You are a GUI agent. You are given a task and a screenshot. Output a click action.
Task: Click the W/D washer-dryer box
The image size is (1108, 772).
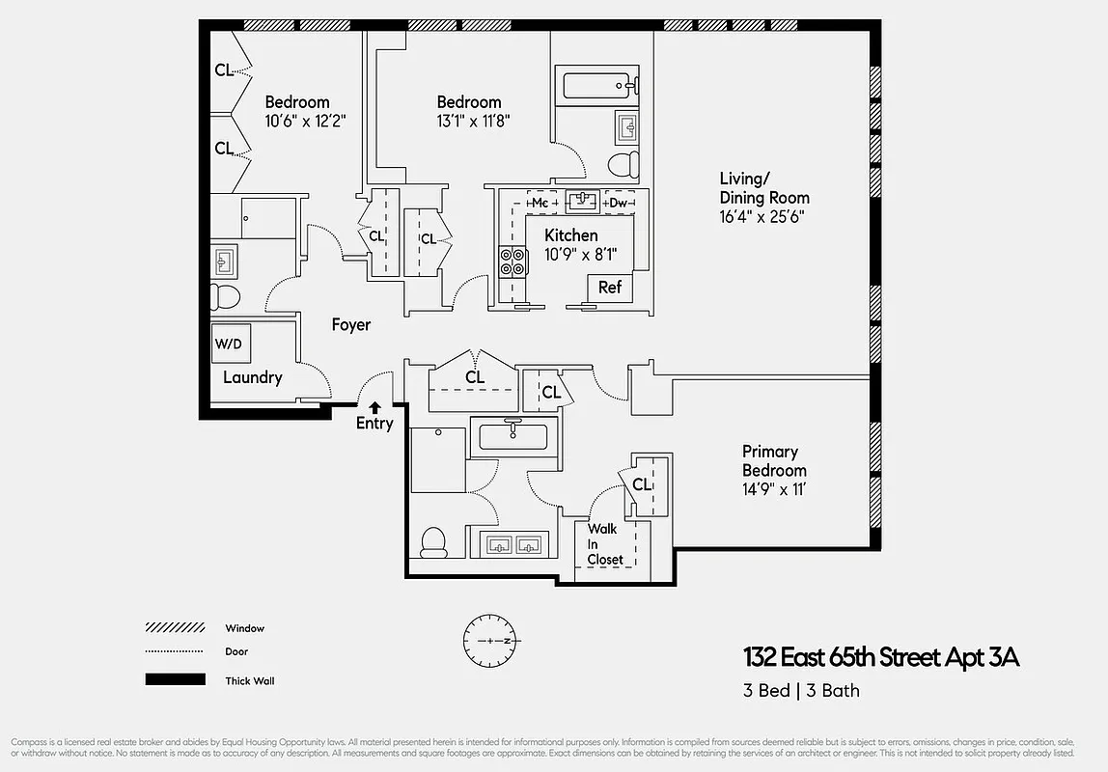point(229,344)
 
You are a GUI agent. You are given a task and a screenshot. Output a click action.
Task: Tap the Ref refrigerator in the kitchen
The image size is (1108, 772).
point(610,288)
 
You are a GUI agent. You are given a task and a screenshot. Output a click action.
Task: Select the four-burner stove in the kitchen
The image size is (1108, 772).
point(512,262)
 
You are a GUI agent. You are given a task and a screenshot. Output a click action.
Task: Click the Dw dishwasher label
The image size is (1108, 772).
point(618,203)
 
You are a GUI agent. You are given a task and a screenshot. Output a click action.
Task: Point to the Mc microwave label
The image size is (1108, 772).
point(540,203)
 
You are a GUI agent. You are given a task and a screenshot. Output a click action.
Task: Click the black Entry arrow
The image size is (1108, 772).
point(374,408)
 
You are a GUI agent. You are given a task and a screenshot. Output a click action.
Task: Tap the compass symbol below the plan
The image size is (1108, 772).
point(492,640)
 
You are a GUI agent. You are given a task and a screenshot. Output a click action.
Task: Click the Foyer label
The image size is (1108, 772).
point(351,325)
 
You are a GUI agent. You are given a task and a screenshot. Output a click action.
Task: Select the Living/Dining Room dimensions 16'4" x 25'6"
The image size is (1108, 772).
point(762,217)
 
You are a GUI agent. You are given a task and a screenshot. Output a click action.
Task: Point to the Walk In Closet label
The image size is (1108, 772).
point(605,544)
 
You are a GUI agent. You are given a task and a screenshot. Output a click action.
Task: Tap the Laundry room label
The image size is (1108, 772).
point(252,377)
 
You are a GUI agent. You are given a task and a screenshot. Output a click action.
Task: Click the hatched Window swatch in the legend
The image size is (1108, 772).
point(175,627)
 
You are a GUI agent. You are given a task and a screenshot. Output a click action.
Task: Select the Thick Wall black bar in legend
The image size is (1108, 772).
point(175,679)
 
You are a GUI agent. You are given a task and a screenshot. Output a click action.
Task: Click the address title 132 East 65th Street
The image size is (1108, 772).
point(880,658)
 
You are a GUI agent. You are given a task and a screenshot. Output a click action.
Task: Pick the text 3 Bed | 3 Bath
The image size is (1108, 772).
point(800,690)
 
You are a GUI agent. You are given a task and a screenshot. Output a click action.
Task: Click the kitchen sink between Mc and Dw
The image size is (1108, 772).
point(581,202)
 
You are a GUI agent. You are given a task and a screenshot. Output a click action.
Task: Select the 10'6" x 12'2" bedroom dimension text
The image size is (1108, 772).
point(305,122)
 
